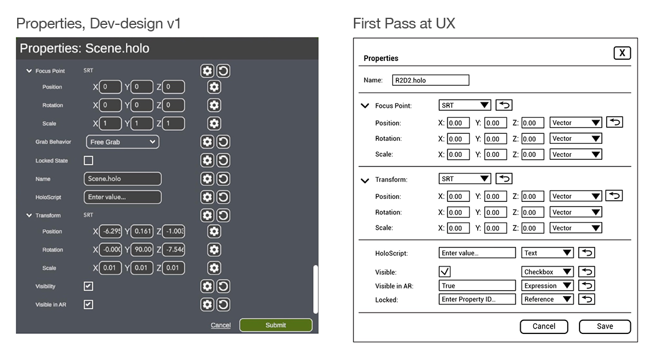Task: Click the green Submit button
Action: [276, 325]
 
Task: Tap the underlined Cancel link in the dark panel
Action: [221, 325]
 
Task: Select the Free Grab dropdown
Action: [123, 142]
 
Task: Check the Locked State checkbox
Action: [88, 160]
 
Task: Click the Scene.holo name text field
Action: [123, 179]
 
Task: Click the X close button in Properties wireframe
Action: [622, 53]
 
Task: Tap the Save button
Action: [605, 326]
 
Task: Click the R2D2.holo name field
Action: [430, 80]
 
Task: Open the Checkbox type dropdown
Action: [547, 272]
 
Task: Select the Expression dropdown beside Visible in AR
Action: [547, 285]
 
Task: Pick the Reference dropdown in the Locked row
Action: [547, 299]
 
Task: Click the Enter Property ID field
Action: [477, 299]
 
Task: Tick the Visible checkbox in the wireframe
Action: [445, 272]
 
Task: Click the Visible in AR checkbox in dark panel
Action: [88, 305]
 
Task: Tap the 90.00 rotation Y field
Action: [142, 250]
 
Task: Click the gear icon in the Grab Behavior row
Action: [207, 142]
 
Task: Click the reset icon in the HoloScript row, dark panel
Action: [223, 197]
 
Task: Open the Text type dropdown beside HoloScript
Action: [547, 253]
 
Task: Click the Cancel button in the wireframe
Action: [544, 326]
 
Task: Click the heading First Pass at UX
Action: [404, 24]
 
